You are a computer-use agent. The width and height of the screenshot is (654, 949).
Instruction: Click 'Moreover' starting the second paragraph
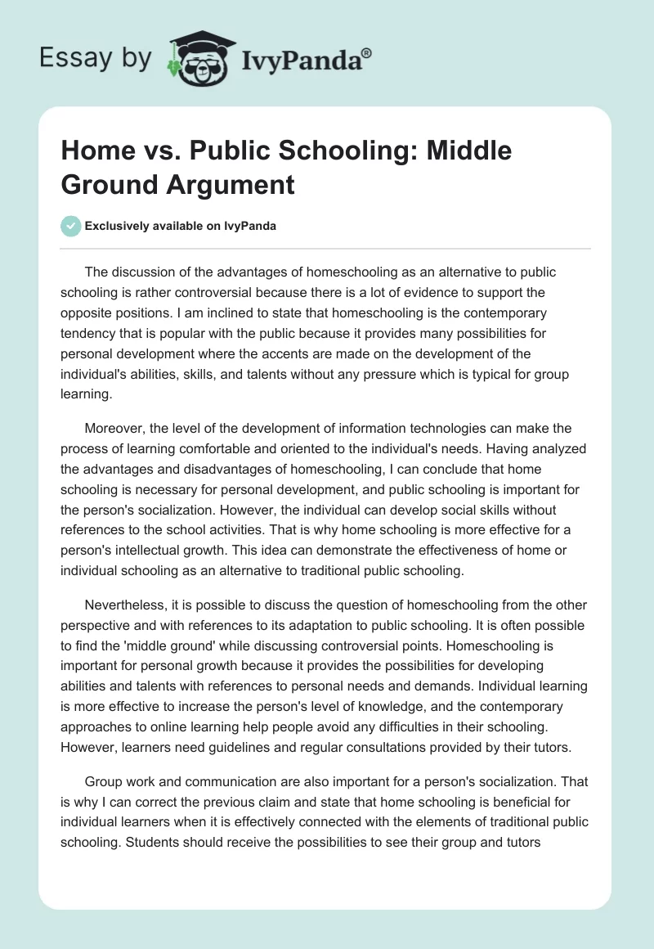point(114,428)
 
